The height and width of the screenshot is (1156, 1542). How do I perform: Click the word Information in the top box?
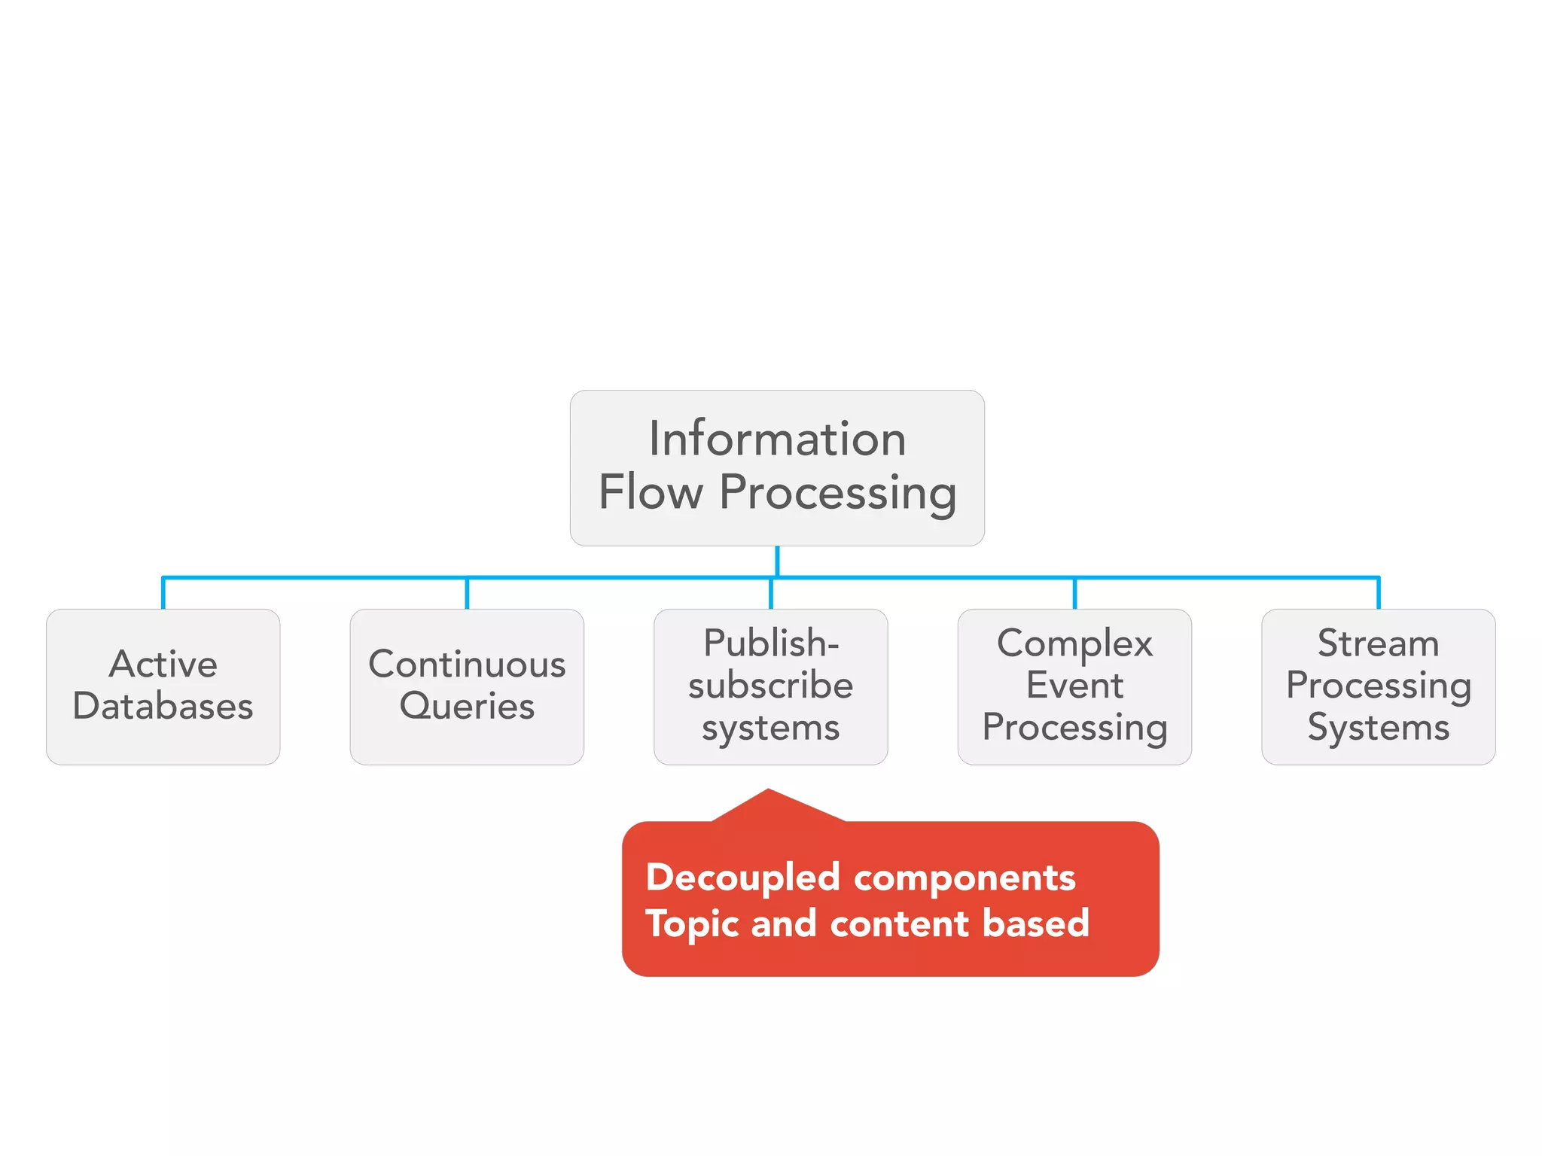(777, 439)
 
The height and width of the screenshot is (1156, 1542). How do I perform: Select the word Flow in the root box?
(651, 493)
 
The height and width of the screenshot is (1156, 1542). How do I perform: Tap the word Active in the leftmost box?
(163, 665)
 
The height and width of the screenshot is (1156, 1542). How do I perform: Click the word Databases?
(163, 707)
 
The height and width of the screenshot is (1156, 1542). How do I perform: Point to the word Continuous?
(467, 665)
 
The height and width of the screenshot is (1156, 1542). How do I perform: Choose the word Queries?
(467, 707)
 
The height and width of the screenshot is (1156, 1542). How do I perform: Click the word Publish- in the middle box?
(771, 643)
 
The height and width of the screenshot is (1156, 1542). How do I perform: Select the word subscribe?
(771, 686)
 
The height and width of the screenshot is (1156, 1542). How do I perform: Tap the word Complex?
(1074, 643)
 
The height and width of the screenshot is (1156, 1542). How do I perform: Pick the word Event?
(1074, 686)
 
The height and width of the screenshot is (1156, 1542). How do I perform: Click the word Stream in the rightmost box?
(1378, 643)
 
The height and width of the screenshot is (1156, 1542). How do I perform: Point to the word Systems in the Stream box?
(1378, 728)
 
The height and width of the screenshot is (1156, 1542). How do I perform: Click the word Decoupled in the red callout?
(743, 878)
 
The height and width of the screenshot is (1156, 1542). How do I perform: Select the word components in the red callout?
(965, 878)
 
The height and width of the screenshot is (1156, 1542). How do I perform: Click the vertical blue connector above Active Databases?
(163, 593)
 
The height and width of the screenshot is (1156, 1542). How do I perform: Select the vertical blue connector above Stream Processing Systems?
(1379, 593)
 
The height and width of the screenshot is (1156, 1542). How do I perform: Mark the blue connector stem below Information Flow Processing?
(777, 561)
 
